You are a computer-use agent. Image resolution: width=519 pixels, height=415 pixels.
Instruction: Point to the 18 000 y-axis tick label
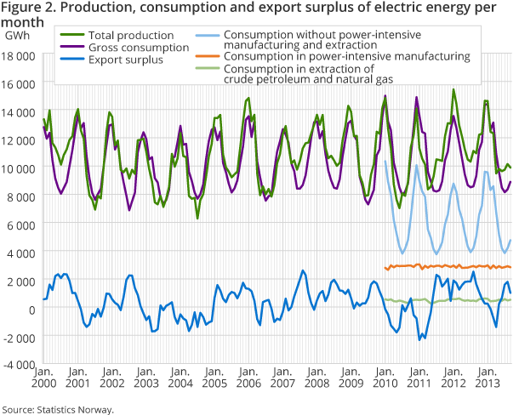point(20,56)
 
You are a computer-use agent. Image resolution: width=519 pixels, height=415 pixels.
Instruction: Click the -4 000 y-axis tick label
point(20,365)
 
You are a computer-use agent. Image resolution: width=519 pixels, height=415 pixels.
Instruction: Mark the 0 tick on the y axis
point(31,309)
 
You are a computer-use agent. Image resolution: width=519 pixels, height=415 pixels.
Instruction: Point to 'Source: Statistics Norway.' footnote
point(57,408)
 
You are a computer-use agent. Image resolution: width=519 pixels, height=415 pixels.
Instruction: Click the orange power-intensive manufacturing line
point(442,266)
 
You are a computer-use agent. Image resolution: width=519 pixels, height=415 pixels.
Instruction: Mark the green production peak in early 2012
point(453,90)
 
